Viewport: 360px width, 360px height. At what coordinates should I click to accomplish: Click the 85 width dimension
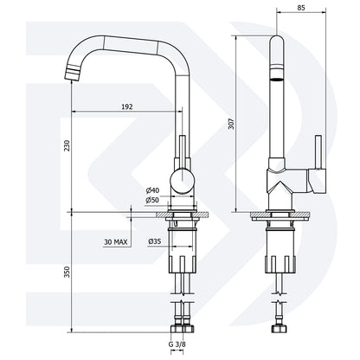tap(299, 8)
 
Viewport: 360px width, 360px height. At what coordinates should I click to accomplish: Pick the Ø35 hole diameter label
tap(152, 241)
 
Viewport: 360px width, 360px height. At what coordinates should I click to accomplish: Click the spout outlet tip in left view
tap(71, 72)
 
